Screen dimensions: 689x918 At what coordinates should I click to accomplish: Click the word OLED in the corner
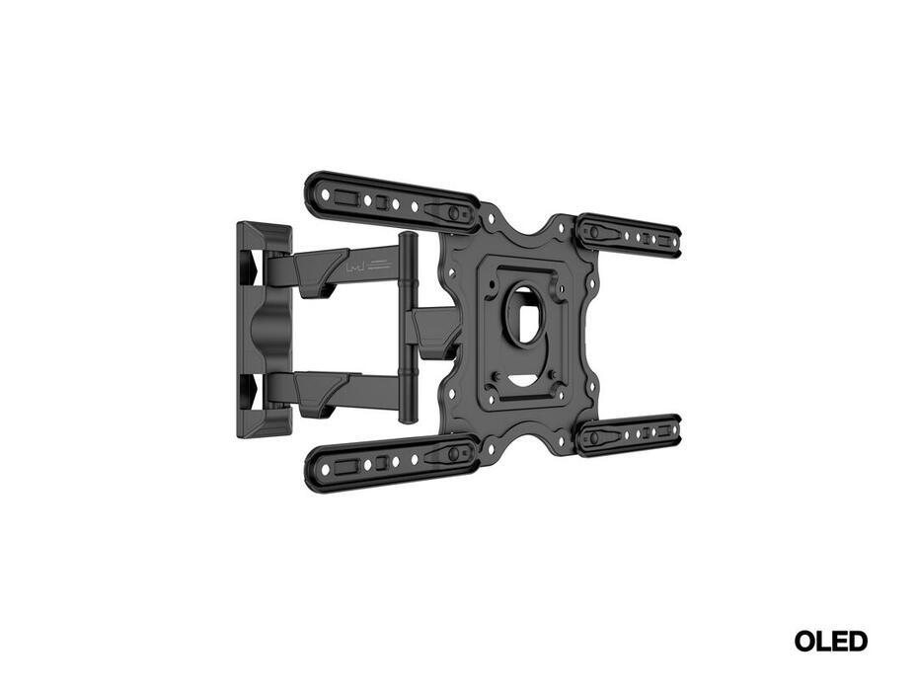[831, 642]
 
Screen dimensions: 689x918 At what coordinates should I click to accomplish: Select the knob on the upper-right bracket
[593, 232]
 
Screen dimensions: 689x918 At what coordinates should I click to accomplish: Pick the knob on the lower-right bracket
[593, 438]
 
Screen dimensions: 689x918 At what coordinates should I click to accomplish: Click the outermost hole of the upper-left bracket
[323, 193]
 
